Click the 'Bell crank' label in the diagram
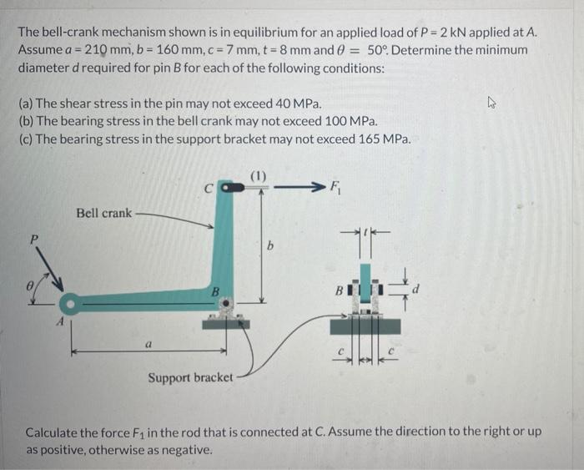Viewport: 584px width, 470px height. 103,214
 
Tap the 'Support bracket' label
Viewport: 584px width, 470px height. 190,378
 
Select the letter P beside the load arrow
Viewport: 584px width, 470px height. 35,239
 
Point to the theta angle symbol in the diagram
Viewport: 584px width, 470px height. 32,286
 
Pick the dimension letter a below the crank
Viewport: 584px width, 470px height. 149,342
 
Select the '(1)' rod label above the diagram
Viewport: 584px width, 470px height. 259,175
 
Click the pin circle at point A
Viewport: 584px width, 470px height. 68,302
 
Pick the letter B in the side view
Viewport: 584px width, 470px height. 338,293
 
